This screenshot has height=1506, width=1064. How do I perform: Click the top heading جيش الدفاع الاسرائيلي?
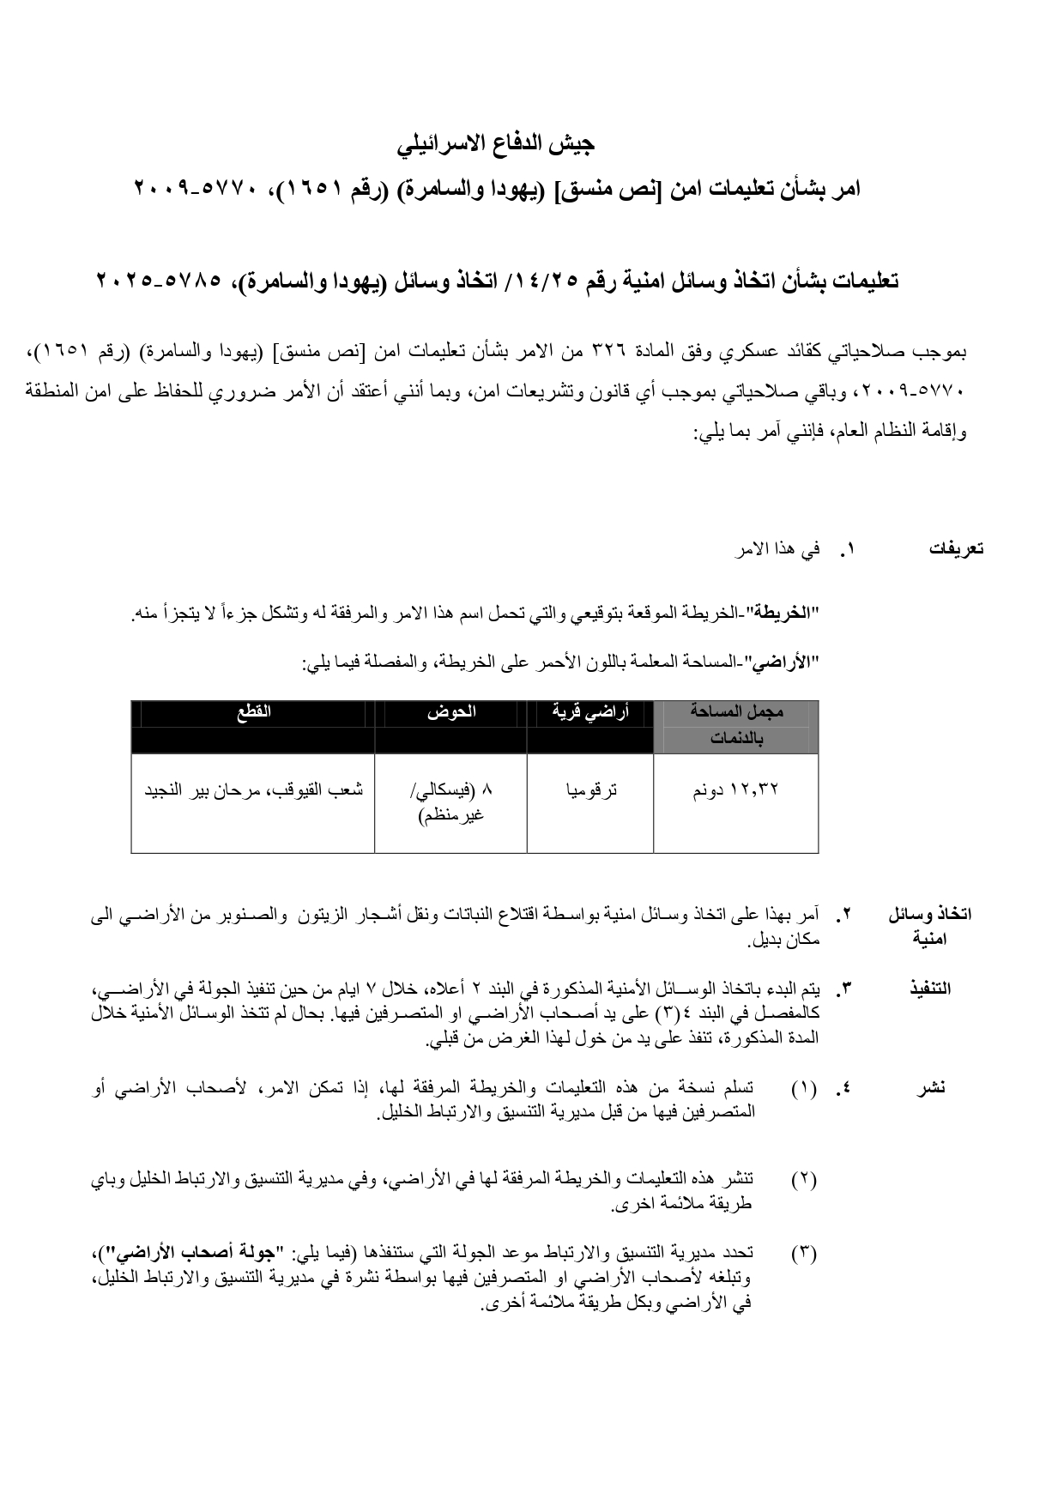tap(496, 143)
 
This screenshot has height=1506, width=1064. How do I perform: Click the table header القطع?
tap(253, 711)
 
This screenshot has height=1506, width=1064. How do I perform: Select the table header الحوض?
tap(451, 711)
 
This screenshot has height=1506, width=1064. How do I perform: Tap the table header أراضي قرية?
tap(589, 711)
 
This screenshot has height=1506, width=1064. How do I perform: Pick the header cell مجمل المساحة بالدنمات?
tap(736, 724)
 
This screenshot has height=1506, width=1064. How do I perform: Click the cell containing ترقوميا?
tap(590, 790)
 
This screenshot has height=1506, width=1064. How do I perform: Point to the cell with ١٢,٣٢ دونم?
tap(735, 790)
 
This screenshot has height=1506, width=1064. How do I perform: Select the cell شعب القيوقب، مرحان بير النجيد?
tap(253, 790)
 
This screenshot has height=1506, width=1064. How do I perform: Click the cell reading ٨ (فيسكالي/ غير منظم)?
tap(451, 801)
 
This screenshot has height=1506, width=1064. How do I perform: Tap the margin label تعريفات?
tap(956, 549)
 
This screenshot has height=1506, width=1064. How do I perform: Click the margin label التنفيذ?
tap(930, 989)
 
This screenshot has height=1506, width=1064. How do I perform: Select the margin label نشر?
tap(931, 1088)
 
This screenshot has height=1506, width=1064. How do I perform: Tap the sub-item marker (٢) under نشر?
tap(804, 1179)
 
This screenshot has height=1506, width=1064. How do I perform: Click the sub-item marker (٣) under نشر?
tap(804, 1253)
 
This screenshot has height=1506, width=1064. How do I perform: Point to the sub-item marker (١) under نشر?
tap(804, 1088)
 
